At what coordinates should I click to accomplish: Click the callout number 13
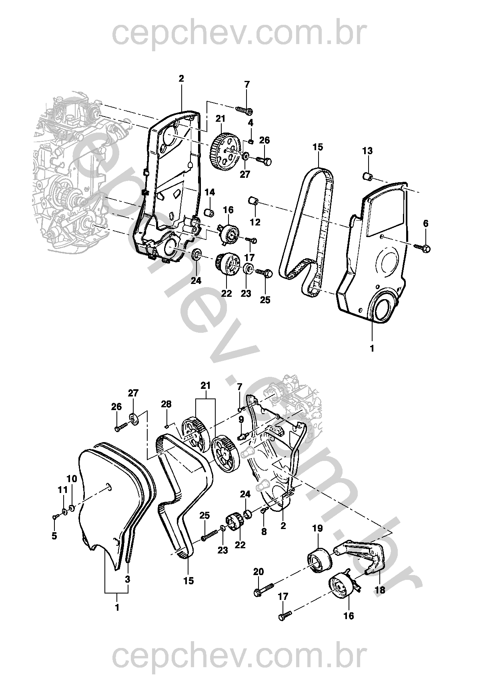click(x=367, y=151)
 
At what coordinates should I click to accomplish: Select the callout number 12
click(x=255, y=222)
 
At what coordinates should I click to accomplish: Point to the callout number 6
click(x=425, y=223)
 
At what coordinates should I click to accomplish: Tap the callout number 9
click(x=241, y=419)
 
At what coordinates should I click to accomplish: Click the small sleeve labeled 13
click(x=367, y=175)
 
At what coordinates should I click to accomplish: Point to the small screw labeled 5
click(x=54, y=517)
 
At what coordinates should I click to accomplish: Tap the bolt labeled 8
click(x=264, y=510)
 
